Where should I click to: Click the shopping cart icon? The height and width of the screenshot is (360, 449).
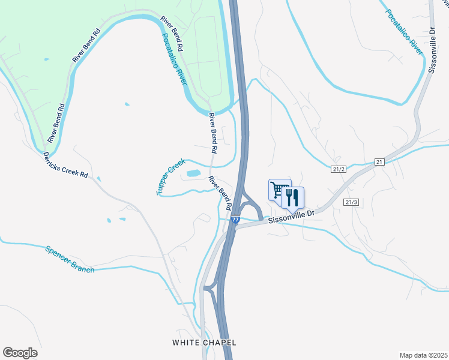tap(279, 190)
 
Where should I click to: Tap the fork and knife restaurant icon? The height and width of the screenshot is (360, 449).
tap(293, 197)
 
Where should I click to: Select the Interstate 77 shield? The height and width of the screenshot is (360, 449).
tap(235, 220)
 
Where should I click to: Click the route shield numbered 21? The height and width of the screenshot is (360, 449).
tap(379, 162)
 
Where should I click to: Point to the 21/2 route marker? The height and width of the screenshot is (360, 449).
tap(339, 169)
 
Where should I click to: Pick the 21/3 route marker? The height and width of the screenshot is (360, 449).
tap(351, 202)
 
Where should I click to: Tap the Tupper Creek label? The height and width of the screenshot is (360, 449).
tap(171, 177)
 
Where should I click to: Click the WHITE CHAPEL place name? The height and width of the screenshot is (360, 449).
tap(204, 343)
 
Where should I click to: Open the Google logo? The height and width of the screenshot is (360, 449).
tap(20, 353)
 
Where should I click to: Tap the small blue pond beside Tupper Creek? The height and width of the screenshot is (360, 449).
tap(194, 173)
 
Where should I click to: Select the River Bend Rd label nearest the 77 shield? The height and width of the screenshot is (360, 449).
tap(220, 192)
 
